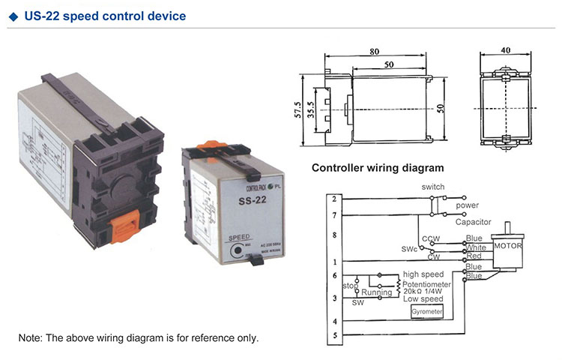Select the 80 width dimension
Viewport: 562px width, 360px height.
(x=374, y=52)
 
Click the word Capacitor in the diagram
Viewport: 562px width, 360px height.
(x=473, y=222)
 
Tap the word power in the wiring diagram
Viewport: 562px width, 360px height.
(x=468, y=205)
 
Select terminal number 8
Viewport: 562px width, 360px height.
(x=334, y=235)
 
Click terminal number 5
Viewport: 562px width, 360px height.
(x=334, y=335)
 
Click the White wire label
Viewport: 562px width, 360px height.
(x=475, y=247)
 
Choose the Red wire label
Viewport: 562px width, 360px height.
(x=474, y=256)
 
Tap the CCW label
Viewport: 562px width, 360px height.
(x=430, y=238)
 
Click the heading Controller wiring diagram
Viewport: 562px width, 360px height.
(x=378, y=168)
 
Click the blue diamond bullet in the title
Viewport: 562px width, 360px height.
(x=16, y=15)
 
